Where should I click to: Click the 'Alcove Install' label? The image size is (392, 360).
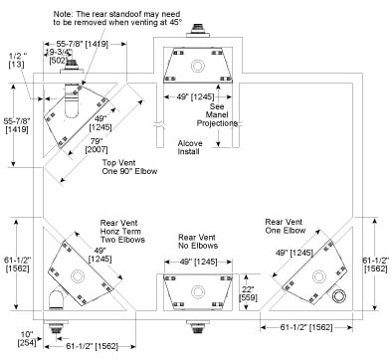190,147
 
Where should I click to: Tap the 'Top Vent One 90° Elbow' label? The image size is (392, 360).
129,167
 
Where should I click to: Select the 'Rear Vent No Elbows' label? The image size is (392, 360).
198,242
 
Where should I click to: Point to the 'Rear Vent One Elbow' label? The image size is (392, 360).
285,226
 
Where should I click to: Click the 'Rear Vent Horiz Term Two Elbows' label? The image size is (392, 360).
122,232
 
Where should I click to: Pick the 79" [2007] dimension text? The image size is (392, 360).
97,145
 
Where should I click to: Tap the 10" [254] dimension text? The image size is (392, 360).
27,338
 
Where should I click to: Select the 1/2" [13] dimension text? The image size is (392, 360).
16,61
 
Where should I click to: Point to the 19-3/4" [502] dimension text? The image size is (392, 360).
59,57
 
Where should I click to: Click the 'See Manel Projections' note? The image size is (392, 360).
217,115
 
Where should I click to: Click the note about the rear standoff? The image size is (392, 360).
117,18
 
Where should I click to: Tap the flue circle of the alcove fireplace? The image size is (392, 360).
198,66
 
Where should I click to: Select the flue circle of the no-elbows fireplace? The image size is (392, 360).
198,292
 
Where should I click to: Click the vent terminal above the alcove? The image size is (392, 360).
198,31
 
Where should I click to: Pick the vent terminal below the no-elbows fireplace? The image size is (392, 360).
198,326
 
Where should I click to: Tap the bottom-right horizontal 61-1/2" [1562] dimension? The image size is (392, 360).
306,327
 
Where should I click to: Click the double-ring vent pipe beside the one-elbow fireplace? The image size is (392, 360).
339,295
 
